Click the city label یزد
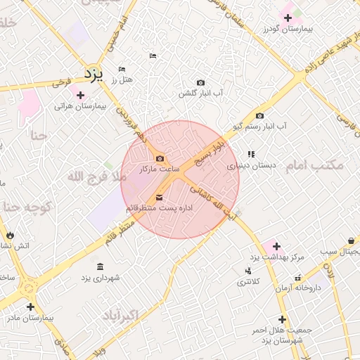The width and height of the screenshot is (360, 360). coord(94,74)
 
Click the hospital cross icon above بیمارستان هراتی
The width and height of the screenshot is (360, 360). coord(80,95)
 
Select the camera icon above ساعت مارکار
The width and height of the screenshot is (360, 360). coord(160,158)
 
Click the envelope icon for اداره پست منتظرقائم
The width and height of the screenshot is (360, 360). coord(158,198)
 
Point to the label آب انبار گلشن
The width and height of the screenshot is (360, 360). coord(200,94)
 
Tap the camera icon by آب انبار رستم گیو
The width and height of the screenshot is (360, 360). coord(260,116)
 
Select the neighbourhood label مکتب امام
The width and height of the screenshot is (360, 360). coord(316,165)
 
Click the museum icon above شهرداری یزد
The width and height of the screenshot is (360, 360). coord(100,266)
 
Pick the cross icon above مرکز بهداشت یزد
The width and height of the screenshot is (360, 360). coord(276,246)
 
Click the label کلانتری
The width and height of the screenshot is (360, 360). coord(247,281)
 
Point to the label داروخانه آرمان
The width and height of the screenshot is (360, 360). coord(297,288)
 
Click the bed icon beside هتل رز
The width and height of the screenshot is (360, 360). coord(122,69)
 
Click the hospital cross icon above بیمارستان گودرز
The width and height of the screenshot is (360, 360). coord(287,17)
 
